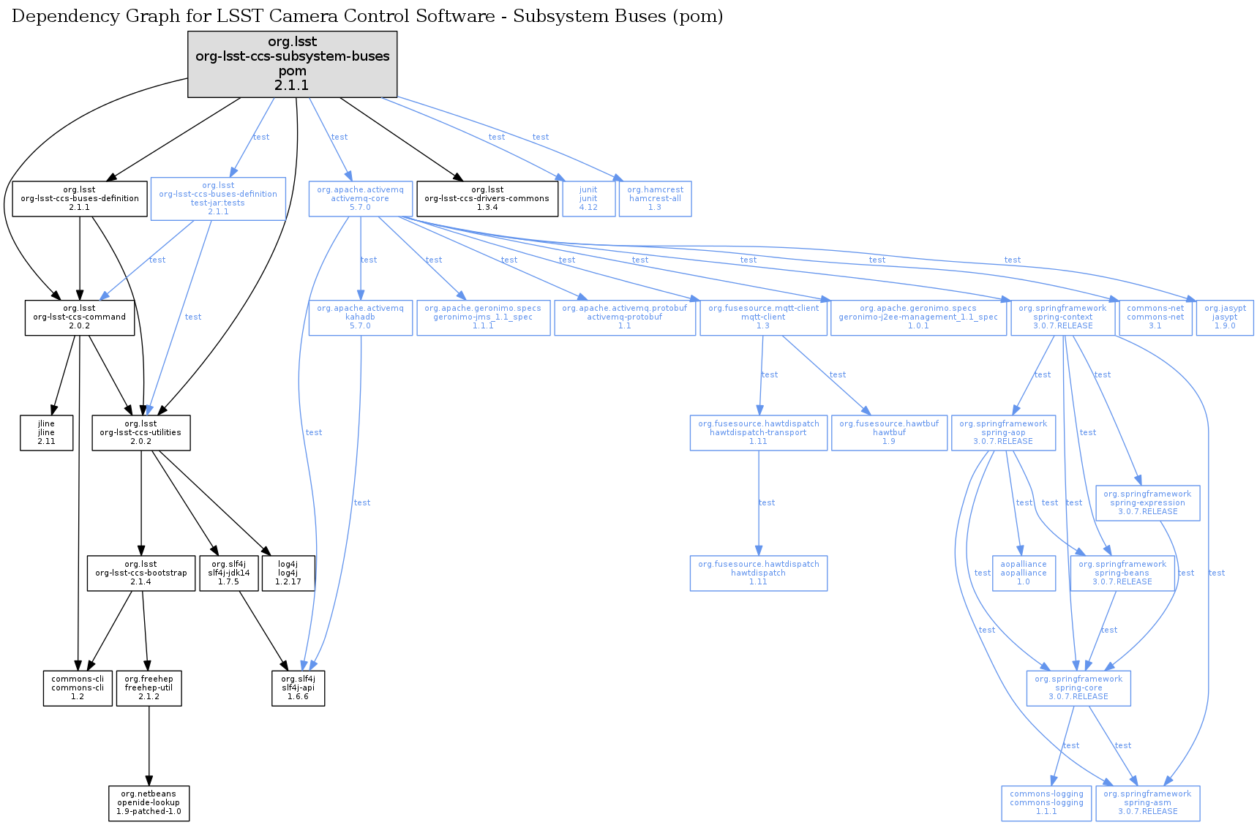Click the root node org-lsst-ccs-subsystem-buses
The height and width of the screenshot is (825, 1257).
[292, 64]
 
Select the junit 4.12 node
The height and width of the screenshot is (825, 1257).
[588, 198]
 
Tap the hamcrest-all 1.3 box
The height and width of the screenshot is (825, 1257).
[655, 198]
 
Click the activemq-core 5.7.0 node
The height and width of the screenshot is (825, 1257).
[360, 198]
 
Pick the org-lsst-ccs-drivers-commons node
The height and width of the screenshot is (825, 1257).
[487, 198]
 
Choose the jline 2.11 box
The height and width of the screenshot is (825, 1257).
[46, 432]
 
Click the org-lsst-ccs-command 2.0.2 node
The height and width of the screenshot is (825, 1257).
[79, 317]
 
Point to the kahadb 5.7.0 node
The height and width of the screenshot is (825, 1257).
[360, 317]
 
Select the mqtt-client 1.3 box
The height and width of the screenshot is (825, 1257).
[763, 317]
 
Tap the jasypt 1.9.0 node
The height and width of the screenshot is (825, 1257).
[1224, 317]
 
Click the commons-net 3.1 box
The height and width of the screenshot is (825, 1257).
[1155, 317]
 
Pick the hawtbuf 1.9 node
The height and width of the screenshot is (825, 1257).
[888, 432]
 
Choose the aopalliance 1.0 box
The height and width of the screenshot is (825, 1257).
[1023, 573]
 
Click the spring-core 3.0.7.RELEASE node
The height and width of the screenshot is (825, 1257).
[1078, 687]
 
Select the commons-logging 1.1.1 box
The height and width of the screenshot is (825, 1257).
[1046, 802]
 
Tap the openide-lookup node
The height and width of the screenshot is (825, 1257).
[149, 802]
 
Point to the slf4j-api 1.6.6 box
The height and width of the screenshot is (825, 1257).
[298, 687]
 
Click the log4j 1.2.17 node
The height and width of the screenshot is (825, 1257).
[288, 573]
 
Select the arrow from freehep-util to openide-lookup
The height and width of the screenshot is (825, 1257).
[149, 746]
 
